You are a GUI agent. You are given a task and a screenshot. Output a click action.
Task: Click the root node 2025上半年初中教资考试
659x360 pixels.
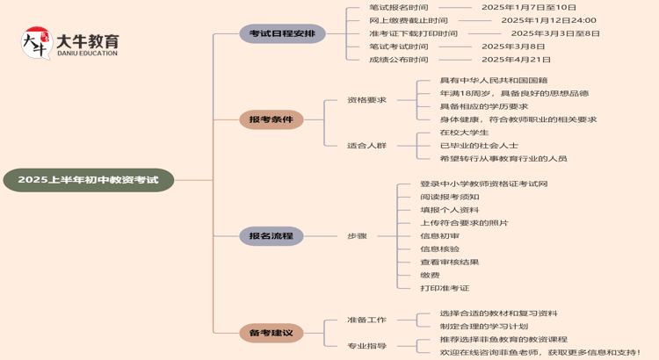click(x=88, y=180)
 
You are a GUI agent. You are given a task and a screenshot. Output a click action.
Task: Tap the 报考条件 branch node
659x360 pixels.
click(x=271, y=119)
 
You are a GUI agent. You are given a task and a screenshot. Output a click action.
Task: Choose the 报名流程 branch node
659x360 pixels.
click(x=271, y=235)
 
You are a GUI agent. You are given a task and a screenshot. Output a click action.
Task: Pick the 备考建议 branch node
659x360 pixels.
click(x=271, y=332)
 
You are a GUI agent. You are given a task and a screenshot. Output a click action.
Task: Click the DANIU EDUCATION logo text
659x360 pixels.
click(x=86, y=54)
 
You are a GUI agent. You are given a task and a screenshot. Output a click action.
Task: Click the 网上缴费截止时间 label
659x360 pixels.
click(x=408, y=20)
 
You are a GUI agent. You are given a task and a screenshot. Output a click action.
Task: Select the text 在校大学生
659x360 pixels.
click(x=464, y=133)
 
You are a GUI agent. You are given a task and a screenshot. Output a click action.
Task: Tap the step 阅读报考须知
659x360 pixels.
click(x=449, y=197)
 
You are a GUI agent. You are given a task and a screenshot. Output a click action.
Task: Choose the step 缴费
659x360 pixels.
click(x=430, y=275)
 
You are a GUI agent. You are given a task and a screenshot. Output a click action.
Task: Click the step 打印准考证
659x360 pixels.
click(x=445, y=288)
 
